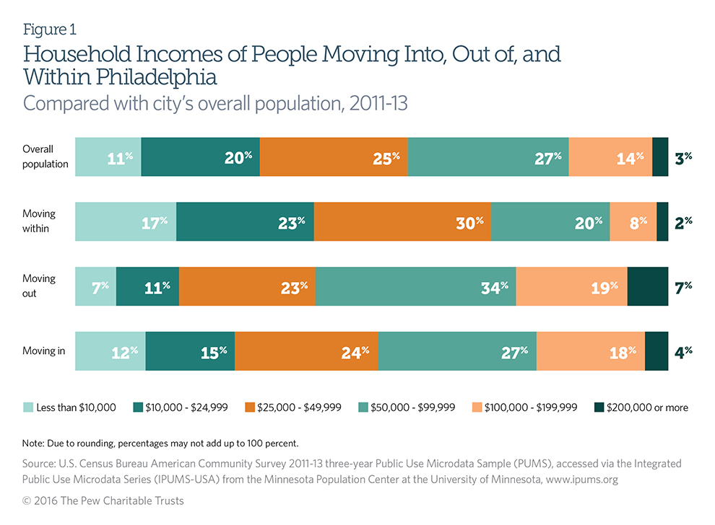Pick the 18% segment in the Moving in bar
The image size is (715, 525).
pyautogui.click(x=590, y=351)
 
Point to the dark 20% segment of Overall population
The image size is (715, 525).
pyautogui.click(x=200, y=156)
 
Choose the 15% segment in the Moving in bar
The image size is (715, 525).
pyautogui.click(x=190, y=351)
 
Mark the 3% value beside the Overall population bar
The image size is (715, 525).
pyautogui.click(x=683, y=156)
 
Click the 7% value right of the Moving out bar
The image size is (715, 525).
pyautogui.click(x=683, y=286)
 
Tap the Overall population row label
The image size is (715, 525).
pyautogui.click(x=45, y=156)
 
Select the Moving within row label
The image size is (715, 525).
pyautogui.click(x=39, y=221)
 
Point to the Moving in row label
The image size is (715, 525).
pyautogui.click(x=43, y=351)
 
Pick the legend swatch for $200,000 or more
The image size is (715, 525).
pyautogui.click(x=599, y=407)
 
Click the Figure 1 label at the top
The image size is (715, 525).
pyautogui.click(x=50, y=30)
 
